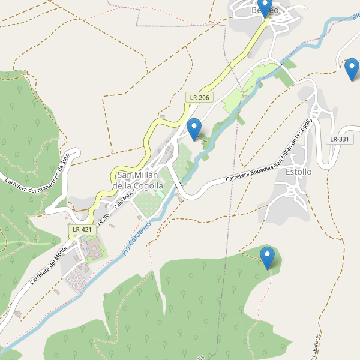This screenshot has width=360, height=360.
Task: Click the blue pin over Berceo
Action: tap(265, 8)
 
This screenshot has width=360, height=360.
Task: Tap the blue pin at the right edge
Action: tap(352, 69)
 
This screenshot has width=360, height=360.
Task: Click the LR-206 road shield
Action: tap(199, 97)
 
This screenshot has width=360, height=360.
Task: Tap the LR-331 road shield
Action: tap(339, 139)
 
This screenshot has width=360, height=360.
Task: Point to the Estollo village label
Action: tap(298, 172)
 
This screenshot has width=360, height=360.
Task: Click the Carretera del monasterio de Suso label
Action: tap(37, 179)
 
